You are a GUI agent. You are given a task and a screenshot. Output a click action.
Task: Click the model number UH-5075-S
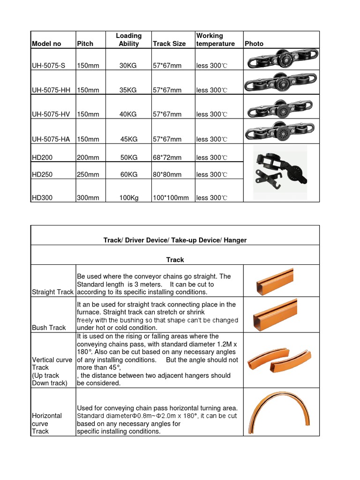(x=47, y=66)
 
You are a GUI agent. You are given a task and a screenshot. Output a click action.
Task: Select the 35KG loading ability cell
(x=128, y=90)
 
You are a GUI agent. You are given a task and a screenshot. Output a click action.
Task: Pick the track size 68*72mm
(x=167, y=157)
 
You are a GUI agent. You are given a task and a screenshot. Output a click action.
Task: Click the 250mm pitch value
(x=88, y=174)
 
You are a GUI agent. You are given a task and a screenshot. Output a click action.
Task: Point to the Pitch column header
(x=85, y=44)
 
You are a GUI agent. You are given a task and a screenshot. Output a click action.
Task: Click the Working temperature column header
(x=216, y=40)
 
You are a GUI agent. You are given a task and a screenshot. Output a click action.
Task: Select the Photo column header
(x=254, y=44)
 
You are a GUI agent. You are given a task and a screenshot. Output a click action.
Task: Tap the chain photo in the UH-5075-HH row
(x=281, y=83)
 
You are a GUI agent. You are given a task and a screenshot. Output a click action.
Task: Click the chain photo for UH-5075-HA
(x=281, y=132)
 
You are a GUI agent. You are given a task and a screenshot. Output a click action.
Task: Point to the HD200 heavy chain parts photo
(x=280, y=172)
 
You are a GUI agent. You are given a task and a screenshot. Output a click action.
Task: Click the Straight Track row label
(x=52, y=292)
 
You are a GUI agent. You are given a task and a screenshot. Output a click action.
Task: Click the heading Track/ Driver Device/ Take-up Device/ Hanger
(x=175, y=240)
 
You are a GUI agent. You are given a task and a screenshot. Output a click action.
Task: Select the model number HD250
(x=42, y=174)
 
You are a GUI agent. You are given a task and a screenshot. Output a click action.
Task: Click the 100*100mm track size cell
(x=171, y=198)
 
